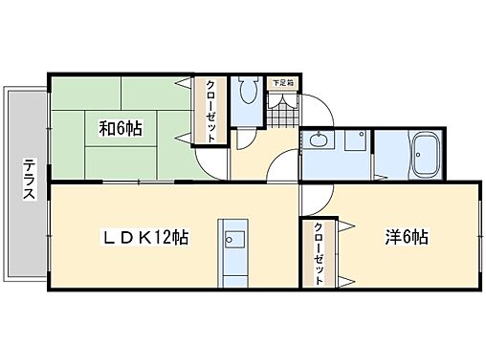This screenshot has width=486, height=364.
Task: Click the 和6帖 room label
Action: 120,127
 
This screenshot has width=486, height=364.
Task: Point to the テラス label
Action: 28,178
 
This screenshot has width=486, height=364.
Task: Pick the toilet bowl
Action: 250,92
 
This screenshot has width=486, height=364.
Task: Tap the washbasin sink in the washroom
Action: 319,142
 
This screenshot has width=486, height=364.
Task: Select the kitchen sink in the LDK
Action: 232,239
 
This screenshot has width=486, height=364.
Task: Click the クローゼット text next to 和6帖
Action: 210,110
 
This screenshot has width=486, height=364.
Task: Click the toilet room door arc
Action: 244,139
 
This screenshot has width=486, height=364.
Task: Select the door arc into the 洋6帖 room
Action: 316,196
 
